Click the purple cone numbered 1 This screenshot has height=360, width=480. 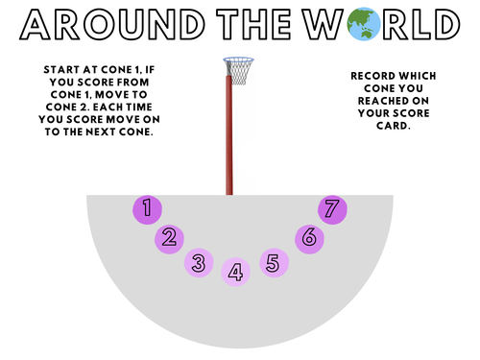(146, 208)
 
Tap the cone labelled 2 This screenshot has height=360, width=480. (169, 238)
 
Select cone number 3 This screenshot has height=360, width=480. (199, 262)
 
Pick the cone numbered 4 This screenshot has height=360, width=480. (235, 273)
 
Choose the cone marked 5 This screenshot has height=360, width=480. (274, 262)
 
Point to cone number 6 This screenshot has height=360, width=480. (308, 238)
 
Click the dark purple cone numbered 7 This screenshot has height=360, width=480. (332, 209)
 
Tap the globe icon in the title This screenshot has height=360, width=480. (359, 22)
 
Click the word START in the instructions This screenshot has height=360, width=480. (62, 70)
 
